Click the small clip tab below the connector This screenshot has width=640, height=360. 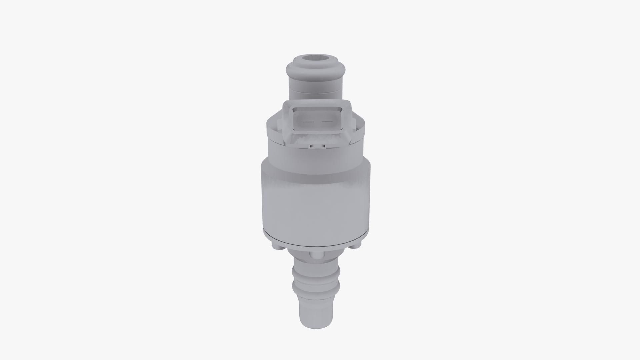point(317,146)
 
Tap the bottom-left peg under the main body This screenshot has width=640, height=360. point(276,247)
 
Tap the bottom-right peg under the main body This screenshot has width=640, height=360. point(356,246)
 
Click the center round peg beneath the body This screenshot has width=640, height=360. point(315,255)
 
